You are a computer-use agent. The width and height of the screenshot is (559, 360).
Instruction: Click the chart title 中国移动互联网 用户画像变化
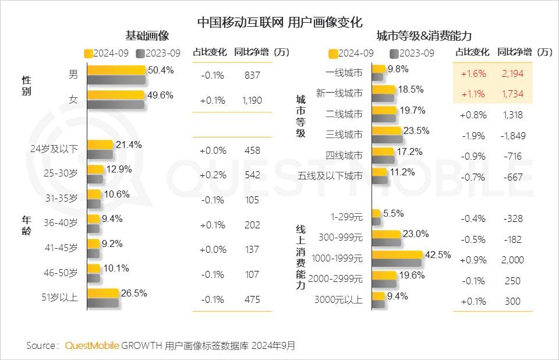coord(279,22)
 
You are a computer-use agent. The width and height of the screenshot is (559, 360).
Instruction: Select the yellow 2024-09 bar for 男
coord(116,70)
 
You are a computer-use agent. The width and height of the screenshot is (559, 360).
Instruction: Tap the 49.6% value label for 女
coord(160,95)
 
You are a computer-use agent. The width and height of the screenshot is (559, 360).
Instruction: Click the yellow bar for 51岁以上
coord(102,294)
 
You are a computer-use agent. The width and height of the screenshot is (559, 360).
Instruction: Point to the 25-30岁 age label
coord(61,173)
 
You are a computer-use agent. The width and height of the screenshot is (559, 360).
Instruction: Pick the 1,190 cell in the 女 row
coord(252,100)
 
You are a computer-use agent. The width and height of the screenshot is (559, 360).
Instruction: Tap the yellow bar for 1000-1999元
coord(397,254)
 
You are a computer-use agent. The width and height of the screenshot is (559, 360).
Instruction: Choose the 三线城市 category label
coord(345,135)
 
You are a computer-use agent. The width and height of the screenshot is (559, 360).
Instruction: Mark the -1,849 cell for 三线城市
coord(512,136)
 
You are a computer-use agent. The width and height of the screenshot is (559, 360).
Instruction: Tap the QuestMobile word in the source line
coord(92,345)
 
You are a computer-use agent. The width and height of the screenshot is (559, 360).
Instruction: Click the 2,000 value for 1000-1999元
coord(512,260)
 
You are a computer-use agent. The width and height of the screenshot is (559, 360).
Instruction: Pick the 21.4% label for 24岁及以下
coord(129,144)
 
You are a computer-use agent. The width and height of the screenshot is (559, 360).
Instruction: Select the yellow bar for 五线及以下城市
coord(379,172)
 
